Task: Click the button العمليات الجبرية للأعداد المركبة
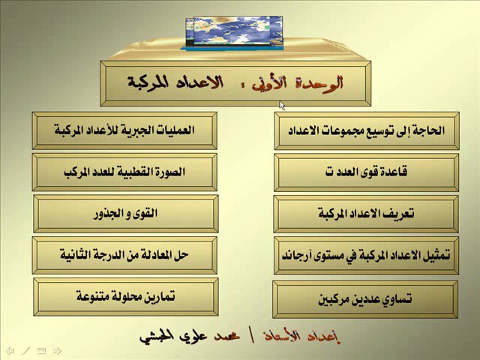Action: pyautogui.click(x=124, y=130)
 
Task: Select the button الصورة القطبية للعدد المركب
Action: pyautogui.click(x=124, y=172)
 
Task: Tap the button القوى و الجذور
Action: pyautogui.click(x=126, y=214)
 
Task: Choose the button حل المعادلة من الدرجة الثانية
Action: pyautogui.click(x=124, y=255)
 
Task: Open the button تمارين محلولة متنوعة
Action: pyautogui.click(x=126, y=297)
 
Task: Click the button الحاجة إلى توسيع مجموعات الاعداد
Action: pyautogui.click(x=367, y=130)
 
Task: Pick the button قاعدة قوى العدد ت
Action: pyautogui.click(x=366, y=172)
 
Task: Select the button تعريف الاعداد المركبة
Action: pyautogui.click(x=366, y=214)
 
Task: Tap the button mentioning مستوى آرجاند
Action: pyautogui.click(x=366, y=255)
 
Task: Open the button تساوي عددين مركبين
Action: pyautogui.click(x=365, y=299)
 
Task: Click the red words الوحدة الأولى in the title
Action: pyautogui.click(x=297, y=83)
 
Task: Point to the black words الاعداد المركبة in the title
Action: pyautogui.click(x=175, y=82)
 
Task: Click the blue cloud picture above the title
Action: pyautogui.click(x=234, y=33)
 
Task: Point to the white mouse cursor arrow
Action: pyautogui.click(x=282, y=106)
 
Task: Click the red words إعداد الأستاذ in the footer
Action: pyautogui.click(x=302, y=337)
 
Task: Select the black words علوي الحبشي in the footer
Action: pyautogui.click(x=173, y=337)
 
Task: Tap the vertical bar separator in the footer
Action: pyautogui.click(x=253, y=337)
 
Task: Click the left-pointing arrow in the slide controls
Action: pyautogui.click(x=10, y=350)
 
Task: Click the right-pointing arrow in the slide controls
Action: pyautogui.click(x=57, y=350)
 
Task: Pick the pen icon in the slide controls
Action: pyautogui.click(x=25, y=350)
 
